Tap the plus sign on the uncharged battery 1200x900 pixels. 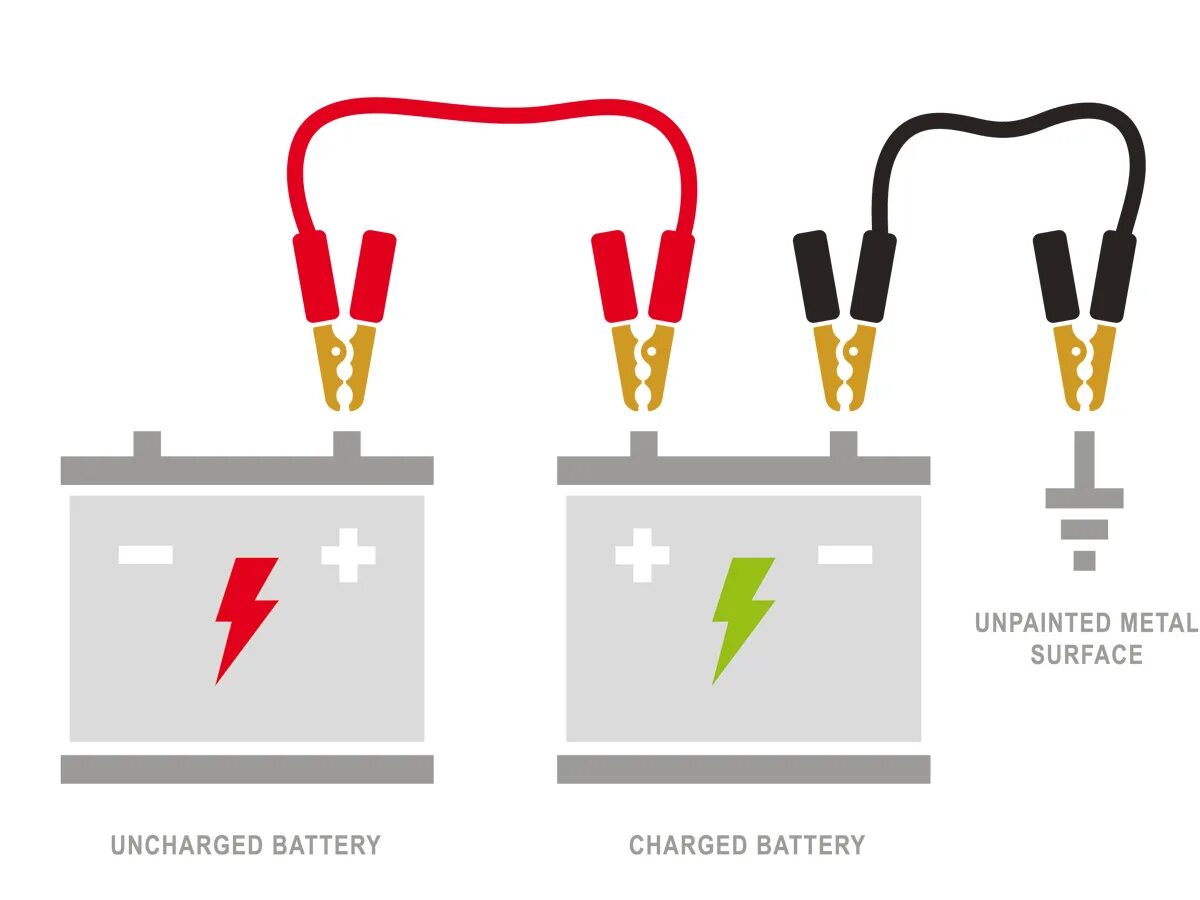point(348,555)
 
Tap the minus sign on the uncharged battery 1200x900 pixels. point(146,554)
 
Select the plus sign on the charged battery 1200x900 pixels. point(642,555)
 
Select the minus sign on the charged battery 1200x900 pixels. point(845,554)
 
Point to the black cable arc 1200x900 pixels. point(1010,125)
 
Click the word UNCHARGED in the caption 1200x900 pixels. point(175,845)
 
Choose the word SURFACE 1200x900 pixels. point(1086,655)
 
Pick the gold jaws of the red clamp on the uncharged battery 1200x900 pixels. point(345,365)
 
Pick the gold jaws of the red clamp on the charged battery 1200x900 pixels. point(644,365)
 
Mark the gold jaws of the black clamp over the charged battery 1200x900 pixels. point(845,365)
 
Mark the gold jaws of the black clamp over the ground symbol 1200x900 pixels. point(1085,365)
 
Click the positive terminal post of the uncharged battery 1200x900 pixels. point(346,444)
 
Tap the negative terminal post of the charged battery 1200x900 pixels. point(843,444)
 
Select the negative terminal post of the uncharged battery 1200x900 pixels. point(147,444)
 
